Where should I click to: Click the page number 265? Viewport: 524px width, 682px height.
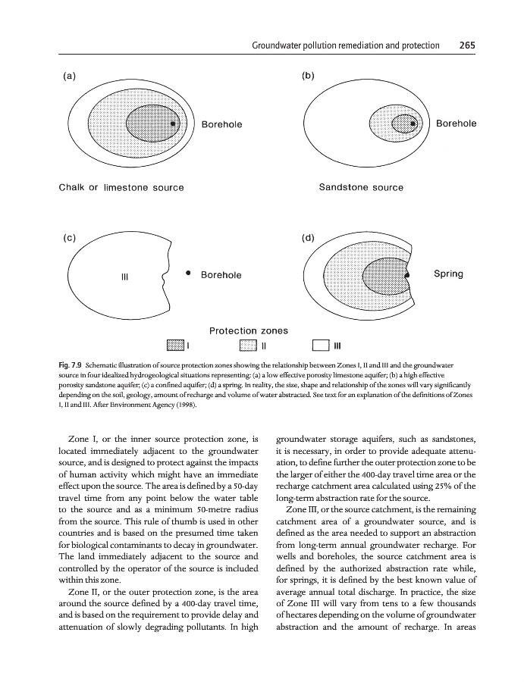(466, 45)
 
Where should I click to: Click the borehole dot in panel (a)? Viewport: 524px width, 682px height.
(173, 124)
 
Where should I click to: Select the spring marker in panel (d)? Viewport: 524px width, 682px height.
(408, 274)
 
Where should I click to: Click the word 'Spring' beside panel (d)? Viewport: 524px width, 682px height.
(448, 274)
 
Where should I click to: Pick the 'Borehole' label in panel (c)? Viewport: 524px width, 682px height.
(221, 274)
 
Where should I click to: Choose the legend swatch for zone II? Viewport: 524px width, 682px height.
(249, 346)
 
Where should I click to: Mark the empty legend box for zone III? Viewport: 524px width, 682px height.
(322, 346)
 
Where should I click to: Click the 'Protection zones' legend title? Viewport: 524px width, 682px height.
(248, 330)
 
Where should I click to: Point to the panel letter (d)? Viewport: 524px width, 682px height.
(308, 237)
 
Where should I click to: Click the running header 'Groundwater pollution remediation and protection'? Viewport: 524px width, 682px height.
(345, 45)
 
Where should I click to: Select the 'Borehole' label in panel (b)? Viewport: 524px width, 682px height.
(457, 124)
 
